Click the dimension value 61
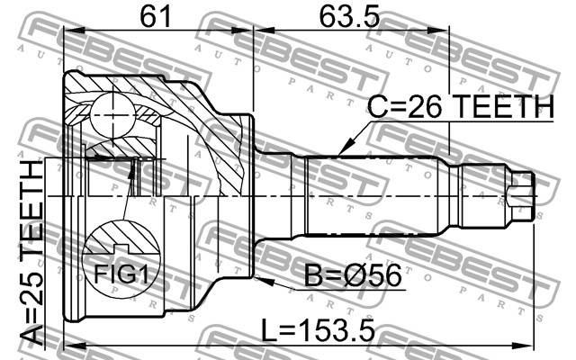[156, 16]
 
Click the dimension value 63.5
[348, 16]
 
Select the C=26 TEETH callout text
[461, 107]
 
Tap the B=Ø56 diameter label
[353, 275]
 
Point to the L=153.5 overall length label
[318, 329]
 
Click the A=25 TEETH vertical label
[31, 254]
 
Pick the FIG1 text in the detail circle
[121, 274]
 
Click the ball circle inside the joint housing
[112, 116]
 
